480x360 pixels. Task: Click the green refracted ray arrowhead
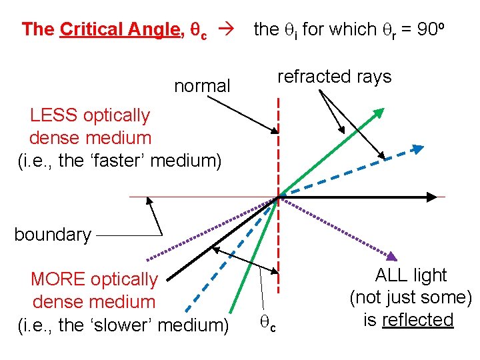point(379,113)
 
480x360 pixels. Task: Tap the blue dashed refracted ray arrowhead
point(417,148)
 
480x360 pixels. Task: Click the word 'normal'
point(202,86)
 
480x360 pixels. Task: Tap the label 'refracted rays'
point(334,77)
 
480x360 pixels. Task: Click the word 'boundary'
point(53,235)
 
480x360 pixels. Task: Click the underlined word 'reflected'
point(417,320)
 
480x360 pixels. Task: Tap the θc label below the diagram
point(267,325)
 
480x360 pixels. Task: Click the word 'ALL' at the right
point(393,275)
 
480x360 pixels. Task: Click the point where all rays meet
point(278,197)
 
